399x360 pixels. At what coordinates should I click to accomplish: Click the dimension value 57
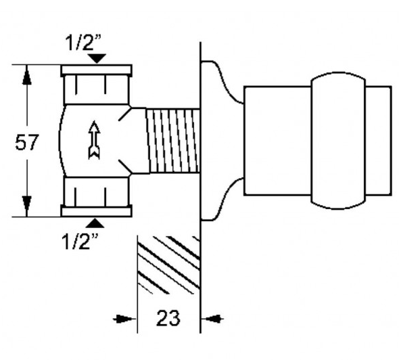[27, 142]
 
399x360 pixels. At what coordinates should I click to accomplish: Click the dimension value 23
[168, 318]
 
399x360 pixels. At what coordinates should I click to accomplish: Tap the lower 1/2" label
[80, 242]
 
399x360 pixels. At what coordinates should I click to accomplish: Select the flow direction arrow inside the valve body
[94, 140]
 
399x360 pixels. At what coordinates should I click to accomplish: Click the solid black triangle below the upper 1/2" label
[97, 58]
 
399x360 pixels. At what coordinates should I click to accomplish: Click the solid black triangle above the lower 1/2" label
[95, 223]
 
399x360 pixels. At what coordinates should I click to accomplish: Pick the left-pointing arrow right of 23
[212, 319]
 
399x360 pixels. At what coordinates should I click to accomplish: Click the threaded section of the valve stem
[172, 141]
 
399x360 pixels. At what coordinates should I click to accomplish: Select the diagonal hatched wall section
[168, 265]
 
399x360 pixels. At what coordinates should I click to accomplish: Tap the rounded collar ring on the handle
[338, 141]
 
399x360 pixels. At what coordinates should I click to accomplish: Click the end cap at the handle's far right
[379, 141]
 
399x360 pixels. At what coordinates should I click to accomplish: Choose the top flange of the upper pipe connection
[97, 70]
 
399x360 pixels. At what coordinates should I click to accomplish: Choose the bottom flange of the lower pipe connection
[97, 212]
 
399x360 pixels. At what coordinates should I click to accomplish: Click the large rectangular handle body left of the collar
[277, 141]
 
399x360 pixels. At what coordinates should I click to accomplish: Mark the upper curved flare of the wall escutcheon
[222, 81]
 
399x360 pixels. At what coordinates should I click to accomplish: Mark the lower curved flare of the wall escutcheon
[222, 199]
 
